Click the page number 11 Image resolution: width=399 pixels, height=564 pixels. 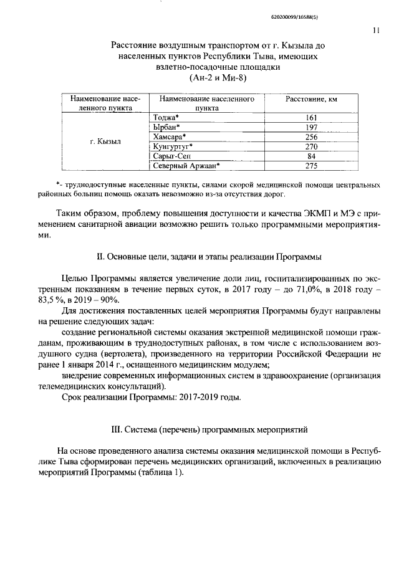375,29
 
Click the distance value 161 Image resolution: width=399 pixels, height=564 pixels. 312,117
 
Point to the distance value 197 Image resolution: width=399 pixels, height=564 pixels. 312,127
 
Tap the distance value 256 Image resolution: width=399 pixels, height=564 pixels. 312,136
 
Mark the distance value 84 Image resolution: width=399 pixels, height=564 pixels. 312,156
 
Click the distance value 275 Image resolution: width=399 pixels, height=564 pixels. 312,166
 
